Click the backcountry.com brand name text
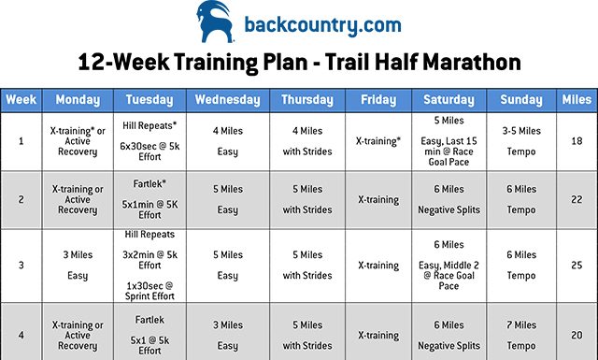tap(321, 23)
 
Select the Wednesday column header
tap(228, 100)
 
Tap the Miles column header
tap(577, 100)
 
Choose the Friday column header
tap(377, 100)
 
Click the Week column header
tap(21, 100)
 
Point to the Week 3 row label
tap(21, 265)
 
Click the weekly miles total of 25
tap(577, 265)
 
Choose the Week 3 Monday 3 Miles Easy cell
tap(78, 265)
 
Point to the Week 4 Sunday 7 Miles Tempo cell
tap(520, 334)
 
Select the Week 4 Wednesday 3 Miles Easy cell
tap(228, 334)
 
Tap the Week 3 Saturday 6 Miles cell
tap(448, 265)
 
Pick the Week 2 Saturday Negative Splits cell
tap(448, 199)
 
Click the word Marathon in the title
tap(458, 63)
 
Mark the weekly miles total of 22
tap(577, 199)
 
